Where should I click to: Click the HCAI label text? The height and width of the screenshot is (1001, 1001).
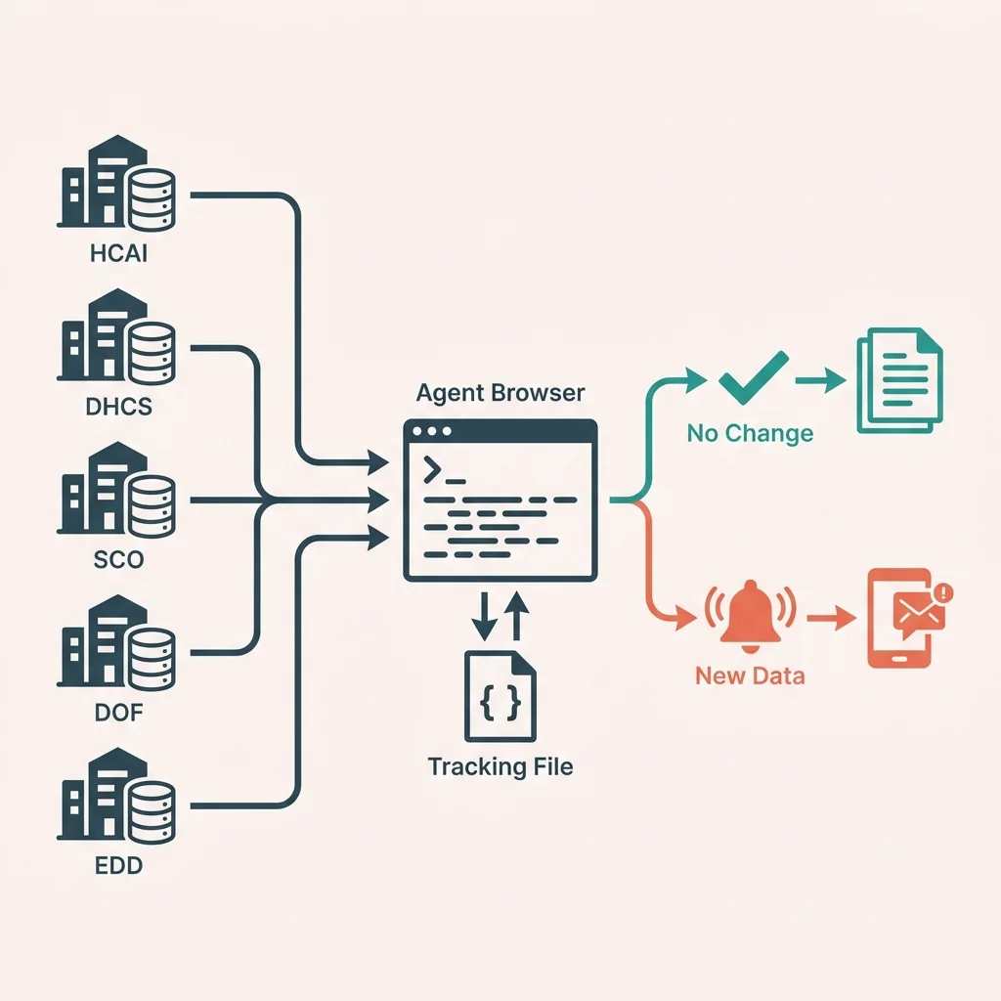point(117,256)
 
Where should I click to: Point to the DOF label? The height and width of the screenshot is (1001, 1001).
point(118,712)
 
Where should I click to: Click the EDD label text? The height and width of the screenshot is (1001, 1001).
point(117,866)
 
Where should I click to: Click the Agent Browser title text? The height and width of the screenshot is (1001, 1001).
point(500,393)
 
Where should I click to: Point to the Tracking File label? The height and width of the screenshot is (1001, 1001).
point(500,765)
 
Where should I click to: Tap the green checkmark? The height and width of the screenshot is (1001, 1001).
point(752,377)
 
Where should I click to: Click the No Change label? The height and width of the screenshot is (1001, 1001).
point(750,433)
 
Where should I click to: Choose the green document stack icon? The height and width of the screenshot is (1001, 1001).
point(898,379)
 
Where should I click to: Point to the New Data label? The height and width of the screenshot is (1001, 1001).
point(750,675)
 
